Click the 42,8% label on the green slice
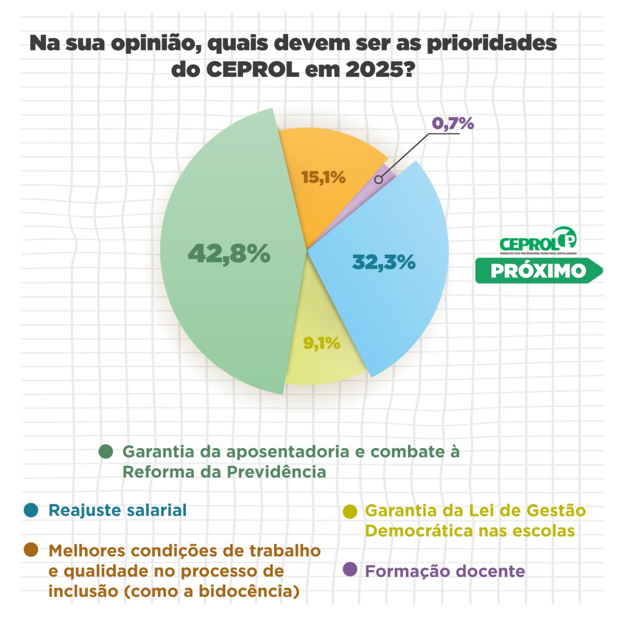(229, 253)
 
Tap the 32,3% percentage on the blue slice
(384, 262)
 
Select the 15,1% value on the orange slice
(323, 177)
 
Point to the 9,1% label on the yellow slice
(322, 343)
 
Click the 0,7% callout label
(452, 124)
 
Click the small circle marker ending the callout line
(379, 180)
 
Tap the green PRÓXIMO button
(538, 271)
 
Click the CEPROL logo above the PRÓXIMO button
(538, 241)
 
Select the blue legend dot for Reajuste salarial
(31, 510)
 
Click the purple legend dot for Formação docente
(350, 570)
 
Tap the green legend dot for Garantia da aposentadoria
(106, 451)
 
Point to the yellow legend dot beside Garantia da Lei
(350, 511)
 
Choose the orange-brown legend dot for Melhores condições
(31, 550)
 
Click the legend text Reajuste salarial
(118, 510)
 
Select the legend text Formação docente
(445, 571)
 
